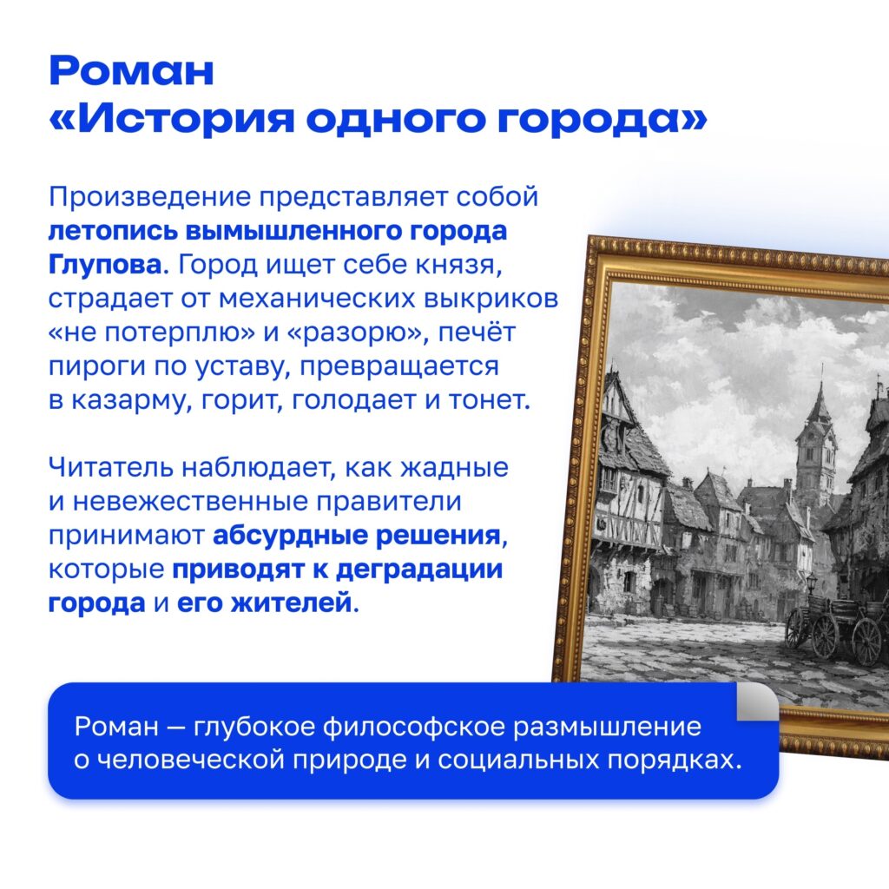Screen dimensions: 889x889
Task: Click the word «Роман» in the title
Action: [132, 70]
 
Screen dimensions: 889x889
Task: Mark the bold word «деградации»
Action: [419, 570]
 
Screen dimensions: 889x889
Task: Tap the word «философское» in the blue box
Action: [413, 727]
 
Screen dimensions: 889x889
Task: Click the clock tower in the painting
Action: [816, 437]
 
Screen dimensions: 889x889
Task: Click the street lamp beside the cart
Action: [812, 589]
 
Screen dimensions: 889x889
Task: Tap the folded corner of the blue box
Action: [757, 701]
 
